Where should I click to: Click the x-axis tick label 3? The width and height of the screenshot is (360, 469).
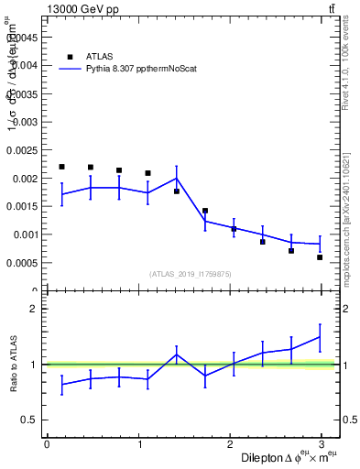pyautogui.click(x=322, y=444)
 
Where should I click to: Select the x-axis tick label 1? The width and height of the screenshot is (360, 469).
pyautogui.click(x=138, y=444)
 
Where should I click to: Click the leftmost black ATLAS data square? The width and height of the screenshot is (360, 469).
pyautogui.click(x=61, y=167)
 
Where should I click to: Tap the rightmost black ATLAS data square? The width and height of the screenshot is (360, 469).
pyautogui.click(x=320, y=257)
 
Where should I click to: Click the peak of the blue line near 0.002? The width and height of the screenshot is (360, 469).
pyautogui.click(x=177, y=179)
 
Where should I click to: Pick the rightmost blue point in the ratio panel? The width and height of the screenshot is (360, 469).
pyautogui.click(x=320, y=337)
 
